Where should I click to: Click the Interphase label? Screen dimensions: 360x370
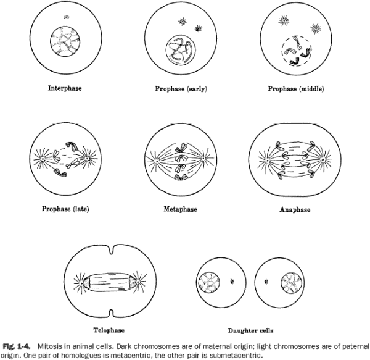point(65,88)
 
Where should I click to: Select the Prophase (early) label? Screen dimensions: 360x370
point(181,89)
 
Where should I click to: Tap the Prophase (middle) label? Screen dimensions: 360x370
point(295,89)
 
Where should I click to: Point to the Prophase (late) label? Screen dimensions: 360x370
point(64,208)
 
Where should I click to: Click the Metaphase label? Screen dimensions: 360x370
point(180,209)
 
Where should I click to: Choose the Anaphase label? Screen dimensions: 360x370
point(295,209)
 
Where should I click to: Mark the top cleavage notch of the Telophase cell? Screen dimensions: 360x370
point(109,253)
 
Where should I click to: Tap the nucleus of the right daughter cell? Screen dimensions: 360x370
point(289,284)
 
